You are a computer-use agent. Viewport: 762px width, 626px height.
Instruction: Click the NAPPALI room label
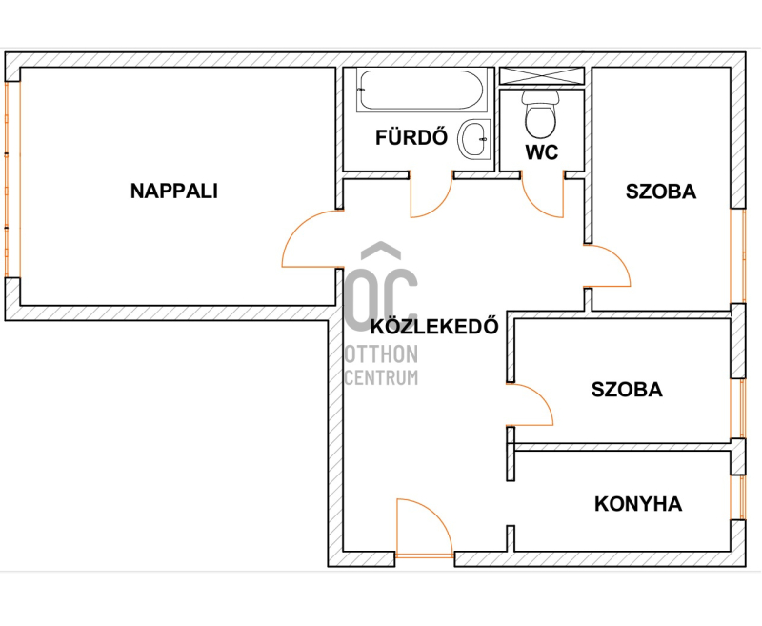pos(174,191)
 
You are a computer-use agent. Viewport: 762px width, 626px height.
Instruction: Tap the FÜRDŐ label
pos(411,137)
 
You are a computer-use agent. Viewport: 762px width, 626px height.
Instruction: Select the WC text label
pos(541,152)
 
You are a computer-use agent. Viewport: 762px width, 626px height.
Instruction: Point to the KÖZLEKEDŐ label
pos(434,326)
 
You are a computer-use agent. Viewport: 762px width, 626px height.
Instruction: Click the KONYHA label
pos(638,504)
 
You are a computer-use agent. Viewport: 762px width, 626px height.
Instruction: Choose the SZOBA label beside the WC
pos(661,192)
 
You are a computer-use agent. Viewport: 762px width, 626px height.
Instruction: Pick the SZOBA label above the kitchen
pos(627,390)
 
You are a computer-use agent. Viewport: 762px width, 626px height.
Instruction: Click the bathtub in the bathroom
pos(421,91)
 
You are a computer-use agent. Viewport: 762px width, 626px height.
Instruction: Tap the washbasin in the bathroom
pos(474,139)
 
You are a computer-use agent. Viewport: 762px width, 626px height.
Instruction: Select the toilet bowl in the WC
pos(540,114)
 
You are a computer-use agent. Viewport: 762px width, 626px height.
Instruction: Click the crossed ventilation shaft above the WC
pos(542,76)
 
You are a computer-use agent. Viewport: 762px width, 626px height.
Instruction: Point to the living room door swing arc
pos(299,226)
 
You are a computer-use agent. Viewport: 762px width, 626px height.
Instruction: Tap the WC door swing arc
pos(534,203)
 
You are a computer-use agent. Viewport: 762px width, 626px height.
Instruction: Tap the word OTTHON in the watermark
pos(381,354)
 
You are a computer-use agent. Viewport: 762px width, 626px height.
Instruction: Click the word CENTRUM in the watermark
pos(381,377)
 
